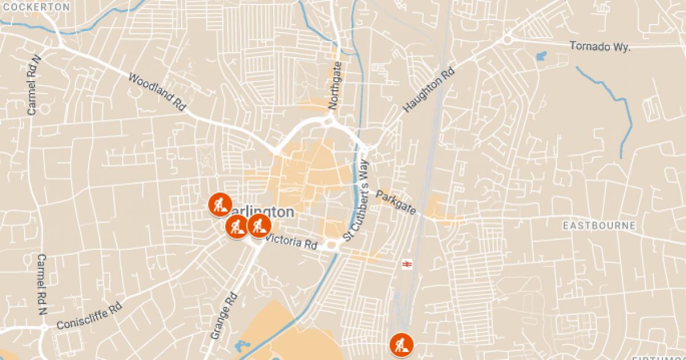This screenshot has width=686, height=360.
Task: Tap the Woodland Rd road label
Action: click(158, 91)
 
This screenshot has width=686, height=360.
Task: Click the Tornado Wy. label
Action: click(600, 46)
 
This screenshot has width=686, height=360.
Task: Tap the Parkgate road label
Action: click(396, 203)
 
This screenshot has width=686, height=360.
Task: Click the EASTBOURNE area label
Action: click(599, 226)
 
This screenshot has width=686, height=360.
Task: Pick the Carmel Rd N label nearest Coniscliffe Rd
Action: click(41, 285)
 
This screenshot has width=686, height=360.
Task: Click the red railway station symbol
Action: click(406, 263)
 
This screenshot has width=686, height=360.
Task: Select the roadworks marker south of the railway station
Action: click(401, 345)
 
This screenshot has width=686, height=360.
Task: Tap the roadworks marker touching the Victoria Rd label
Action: click(259, 226)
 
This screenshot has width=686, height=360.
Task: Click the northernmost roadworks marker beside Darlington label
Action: click(219, 204)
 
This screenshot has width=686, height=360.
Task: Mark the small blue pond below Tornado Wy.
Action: click(541, 56)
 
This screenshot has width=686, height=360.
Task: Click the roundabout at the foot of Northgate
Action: click(329, 121)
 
